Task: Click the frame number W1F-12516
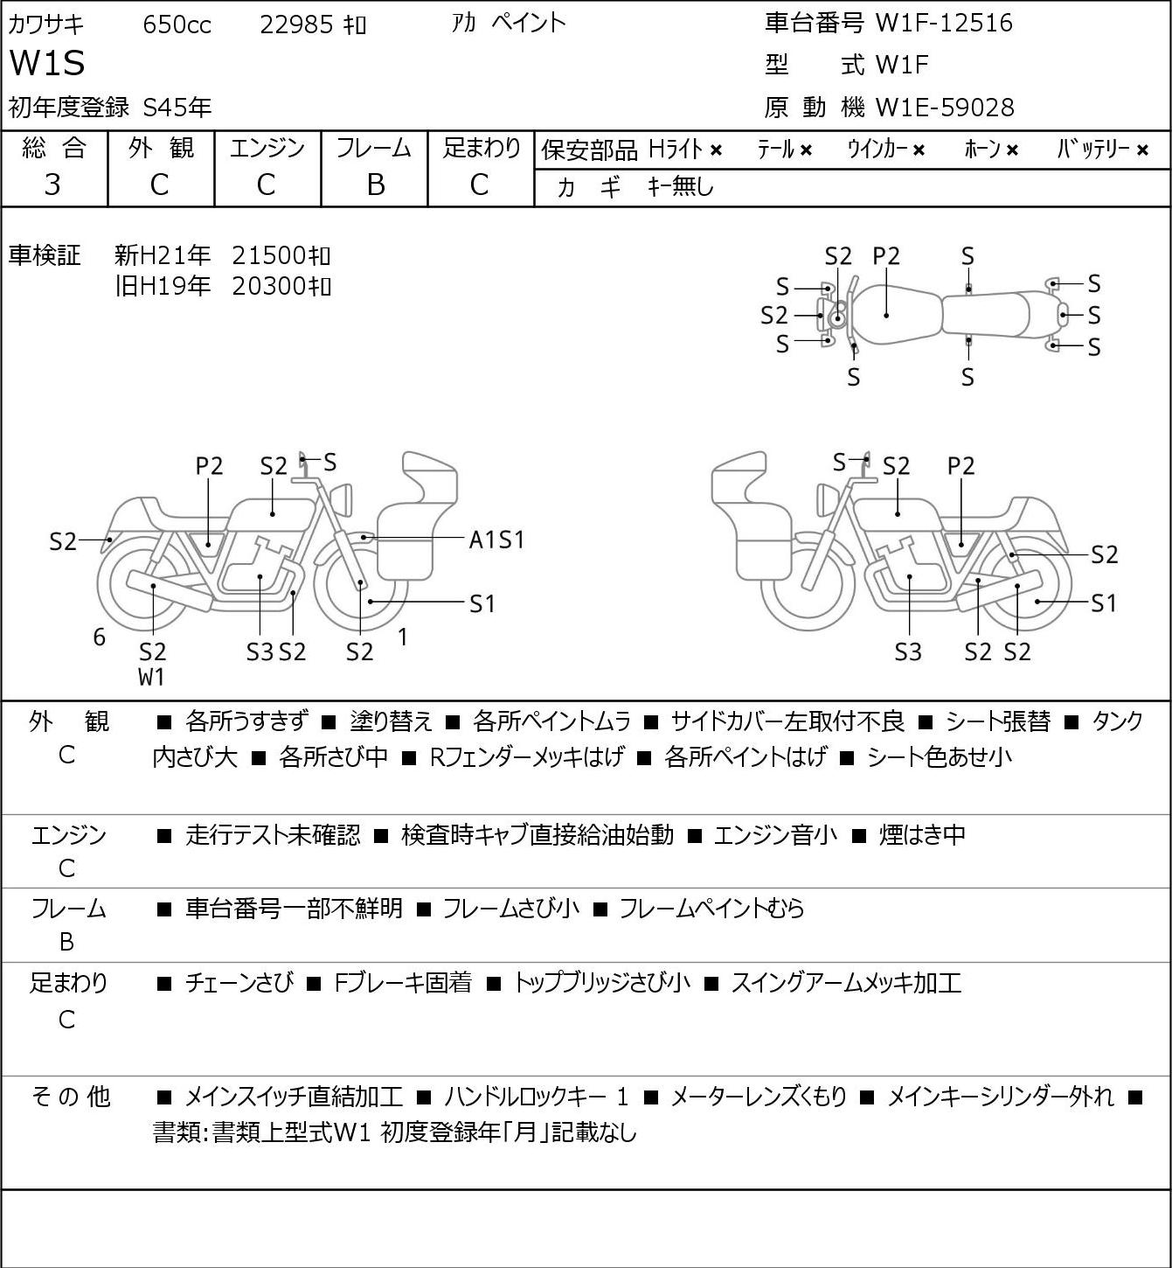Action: pos(944,23)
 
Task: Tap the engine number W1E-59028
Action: pos(945,108)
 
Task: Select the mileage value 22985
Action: pos(296,24)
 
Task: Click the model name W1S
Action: pos(47,63)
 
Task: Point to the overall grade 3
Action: pos(52,185)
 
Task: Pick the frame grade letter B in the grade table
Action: pos(375,185)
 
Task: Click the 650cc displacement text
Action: pos(177,24)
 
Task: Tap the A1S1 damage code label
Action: pos(496,540)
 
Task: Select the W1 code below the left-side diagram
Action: pos(151,677)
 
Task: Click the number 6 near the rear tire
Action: pos(99,637)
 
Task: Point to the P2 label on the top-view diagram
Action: pos(886,256)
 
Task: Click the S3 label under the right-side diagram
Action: pos(908,651)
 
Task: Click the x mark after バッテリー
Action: pos(1142,150)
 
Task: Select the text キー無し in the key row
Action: pos(681,187)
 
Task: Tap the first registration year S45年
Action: pos(177,108)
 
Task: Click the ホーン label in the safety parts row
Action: pos(981,150)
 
